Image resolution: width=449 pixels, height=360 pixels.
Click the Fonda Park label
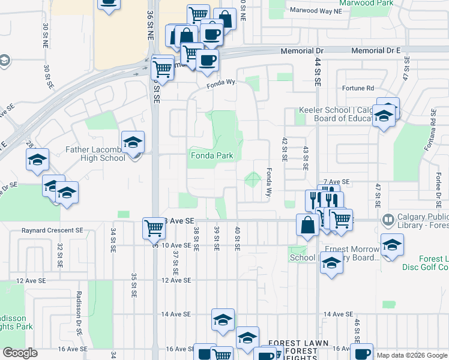click(211, 156)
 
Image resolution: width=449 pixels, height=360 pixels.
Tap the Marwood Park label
click(366, 3)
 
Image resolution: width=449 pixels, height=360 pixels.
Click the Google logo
click(20, 353)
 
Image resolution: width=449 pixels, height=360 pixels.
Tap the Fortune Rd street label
click(358, 88)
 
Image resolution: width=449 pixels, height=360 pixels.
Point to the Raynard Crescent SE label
click(53, 230)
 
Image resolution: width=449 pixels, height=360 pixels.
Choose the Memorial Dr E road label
click(375, 52)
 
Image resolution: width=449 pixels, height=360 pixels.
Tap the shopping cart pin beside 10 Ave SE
click(154, 228)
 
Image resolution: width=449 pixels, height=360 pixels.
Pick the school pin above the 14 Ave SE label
click(222, 320)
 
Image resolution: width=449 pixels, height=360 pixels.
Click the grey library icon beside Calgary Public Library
click(387, 221)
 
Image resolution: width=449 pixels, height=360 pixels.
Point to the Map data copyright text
click(412, 355)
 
